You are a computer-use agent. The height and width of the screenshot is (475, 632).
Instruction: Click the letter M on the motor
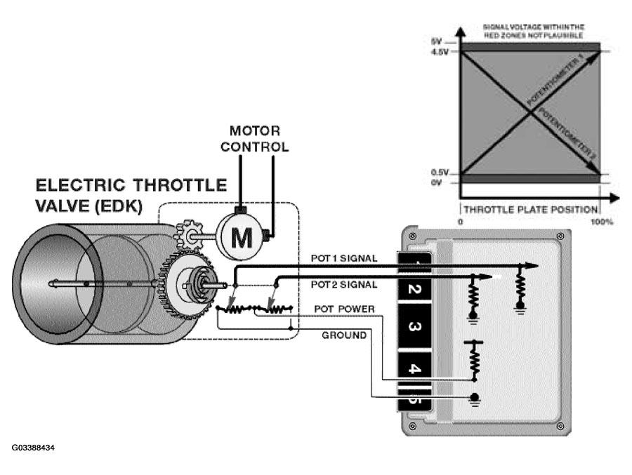pos(242,238)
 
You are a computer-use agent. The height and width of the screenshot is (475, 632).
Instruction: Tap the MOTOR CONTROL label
pos(255,139)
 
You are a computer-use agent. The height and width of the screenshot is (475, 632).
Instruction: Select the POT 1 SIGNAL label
pos(344,258)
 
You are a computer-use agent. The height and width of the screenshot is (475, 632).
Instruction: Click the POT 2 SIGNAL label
pos(344,284)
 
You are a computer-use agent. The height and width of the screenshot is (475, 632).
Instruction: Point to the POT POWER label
pos(344,309)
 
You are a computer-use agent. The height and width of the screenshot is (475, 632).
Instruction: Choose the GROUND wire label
pos(344,335)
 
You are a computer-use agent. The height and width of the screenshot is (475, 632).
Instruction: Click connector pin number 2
pos(414,289)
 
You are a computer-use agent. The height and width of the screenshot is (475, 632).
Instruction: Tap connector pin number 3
pos(414,326)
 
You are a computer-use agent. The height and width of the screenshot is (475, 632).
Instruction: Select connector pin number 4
pos(414,368)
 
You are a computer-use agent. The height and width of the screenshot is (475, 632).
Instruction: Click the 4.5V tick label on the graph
pos(440,52)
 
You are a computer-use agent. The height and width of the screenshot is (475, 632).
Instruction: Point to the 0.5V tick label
pos(440,173)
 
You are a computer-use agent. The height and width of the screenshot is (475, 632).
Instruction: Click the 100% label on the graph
pos(602,222)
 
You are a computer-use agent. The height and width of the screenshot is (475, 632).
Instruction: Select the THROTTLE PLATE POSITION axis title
pos(530,210)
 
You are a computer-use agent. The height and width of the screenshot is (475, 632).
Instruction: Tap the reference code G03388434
pos(33,448)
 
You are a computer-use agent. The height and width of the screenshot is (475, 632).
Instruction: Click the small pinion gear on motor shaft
pos(187,234)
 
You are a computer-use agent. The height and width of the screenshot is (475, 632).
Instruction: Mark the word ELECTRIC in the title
pos(81,185)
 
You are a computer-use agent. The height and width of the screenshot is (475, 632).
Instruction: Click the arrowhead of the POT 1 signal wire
pos(532,265)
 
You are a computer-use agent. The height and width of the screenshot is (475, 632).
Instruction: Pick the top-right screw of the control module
pos(560,236)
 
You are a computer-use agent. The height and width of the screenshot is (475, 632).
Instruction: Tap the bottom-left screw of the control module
pos(413,426)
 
